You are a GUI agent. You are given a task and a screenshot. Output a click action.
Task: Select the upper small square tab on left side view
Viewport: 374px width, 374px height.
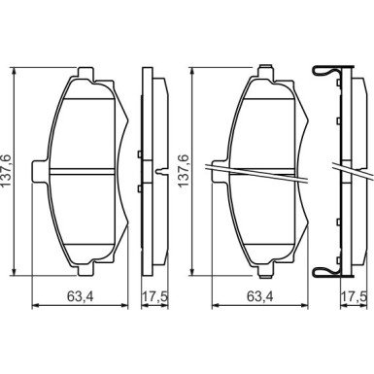(143, 153)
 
